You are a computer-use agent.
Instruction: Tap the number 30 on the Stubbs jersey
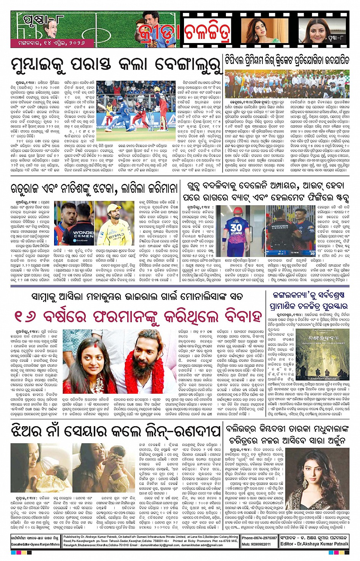[x=236, y=227]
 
